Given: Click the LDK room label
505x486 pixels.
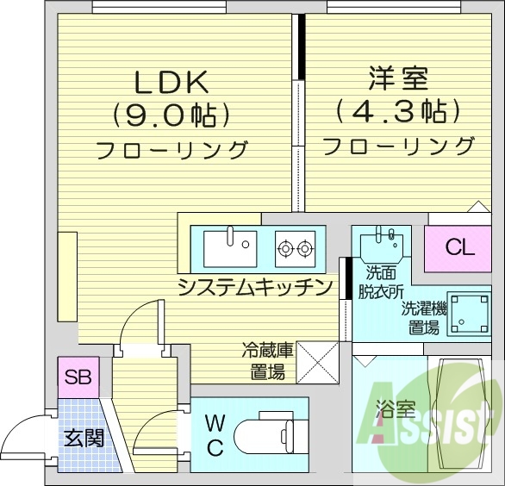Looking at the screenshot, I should click(x=171, y=82).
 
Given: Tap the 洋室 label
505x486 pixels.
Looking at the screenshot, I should click(x=397, y=81).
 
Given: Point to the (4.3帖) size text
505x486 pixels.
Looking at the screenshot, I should click(x=397, y=111).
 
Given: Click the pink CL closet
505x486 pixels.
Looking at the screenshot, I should click(x=459, y=248).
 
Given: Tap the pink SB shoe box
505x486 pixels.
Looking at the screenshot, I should click(x=79, y=377).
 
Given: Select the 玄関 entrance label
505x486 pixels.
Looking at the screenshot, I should click(x=84, y=438).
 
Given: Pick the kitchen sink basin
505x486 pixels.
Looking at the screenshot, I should click(x=230, y=247).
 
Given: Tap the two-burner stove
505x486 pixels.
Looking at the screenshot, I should click(x=294, y=249).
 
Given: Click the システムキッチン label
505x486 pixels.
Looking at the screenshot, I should click(x=254, y=288).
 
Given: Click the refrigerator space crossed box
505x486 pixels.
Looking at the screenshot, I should click(x=316, y=362).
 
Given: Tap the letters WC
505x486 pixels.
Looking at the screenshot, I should click(x=215, y=435).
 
